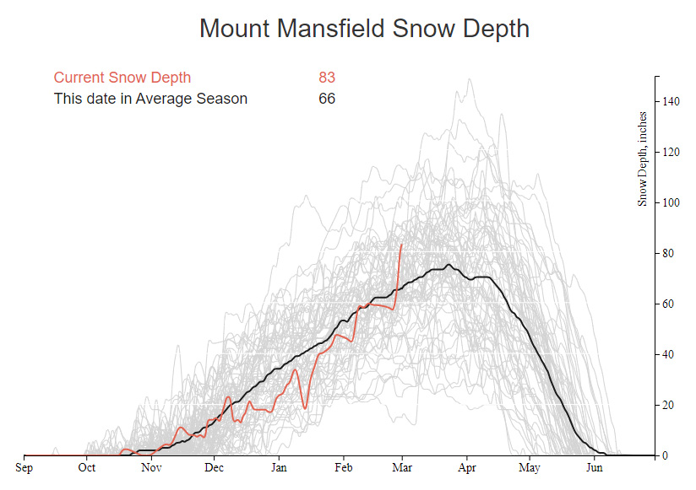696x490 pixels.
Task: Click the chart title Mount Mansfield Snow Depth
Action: tap(364, 28)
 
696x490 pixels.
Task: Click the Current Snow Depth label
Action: tap(122, 78)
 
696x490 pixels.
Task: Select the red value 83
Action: tap(327, 78)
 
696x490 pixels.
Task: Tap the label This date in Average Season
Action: tap(150, 99)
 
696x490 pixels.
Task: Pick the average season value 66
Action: tap(327, 99)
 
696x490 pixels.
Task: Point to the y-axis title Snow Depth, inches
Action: tap(643, 159)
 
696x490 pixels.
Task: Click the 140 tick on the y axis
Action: tap(671, 101)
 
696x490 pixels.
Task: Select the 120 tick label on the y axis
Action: tap(671, 152)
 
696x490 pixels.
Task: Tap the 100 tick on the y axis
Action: tap(671, 202)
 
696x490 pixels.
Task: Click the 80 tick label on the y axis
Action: tap(668, 253)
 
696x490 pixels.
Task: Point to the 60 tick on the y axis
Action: tap(668, 304)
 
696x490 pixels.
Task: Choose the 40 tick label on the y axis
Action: tap(668, 354)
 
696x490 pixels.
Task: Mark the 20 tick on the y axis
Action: tap(668, 405)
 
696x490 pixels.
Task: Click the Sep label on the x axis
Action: tap(24, 466)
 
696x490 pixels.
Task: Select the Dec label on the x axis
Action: tap(214, 466)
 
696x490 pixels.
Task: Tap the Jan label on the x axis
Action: tap(279, 466)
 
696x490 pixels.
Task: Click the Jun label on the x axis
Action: tap(595, 466)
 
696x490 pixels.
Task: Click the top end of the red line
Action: tap(401, 244)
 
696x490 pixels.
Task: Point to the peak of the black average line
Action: tap(449, 266)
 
